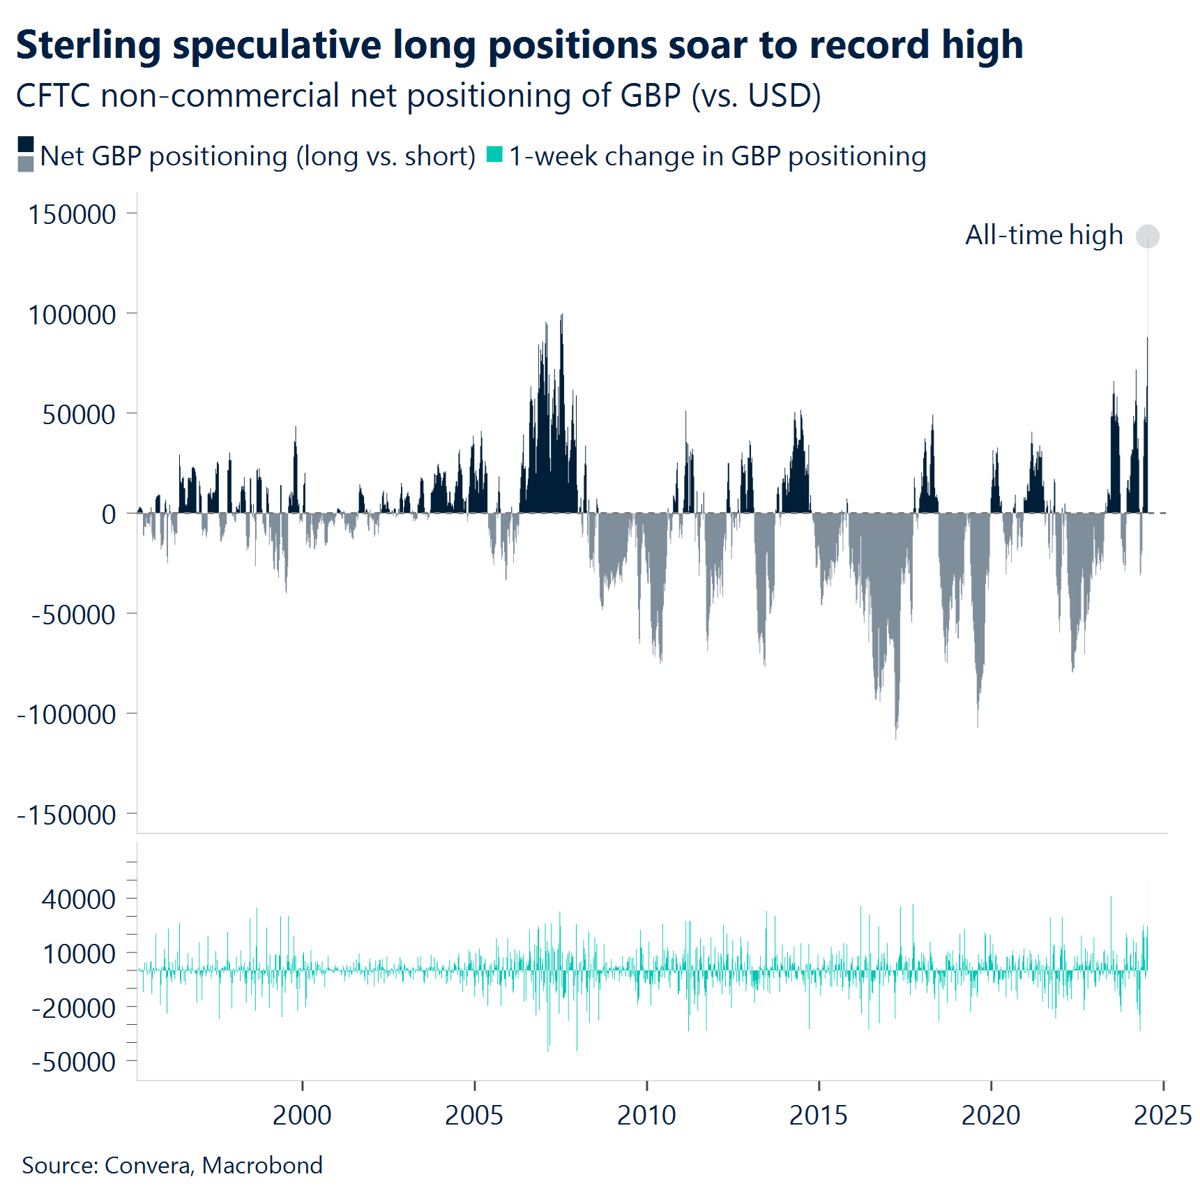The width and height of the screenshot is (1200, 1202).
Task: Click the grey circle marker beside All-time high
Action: click(1147, 236)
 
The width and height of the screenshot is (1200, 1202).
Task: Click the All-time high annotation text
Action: click(1044, 236)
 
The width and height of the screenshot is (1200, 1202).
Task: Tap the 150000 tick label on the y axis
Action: click(72, 214)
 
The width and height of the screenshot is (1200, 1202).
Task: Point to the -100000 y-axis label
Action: click(67, 715)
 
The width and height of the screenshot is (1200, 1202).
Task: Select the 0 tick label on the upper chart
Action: click(109, 515)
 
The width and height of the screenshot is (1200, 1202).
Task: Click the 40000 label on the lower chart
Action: click(79, 899)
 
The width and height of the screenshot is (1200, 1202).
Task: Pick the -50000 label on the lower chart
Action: click(74, 1062)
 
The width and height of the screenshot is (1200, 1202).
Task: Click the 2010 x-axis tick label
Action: click(646, 1115)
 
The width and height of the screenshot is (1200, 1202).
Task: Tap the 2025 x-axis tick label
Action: click(1162, 1115)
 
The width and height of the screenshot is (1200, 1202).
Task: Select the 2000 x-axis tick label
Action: click(302, 1115)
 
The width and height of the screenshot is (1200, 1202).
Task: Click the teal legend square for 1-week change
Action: click(494, 154)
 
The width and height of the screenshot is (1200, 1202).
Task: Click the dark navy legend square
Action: click(26, 144)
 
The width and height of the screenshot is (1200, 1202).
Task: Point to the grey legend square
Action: click(26, 164)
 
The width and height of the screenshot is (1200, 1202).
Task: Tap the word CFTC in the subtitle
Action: click(54, 96)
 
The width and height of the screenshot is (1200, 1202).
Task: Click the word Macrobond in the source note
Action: click(262, 1166)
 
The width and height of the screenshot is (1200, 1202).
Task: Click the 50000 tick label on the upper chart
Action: click(79, 415)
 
